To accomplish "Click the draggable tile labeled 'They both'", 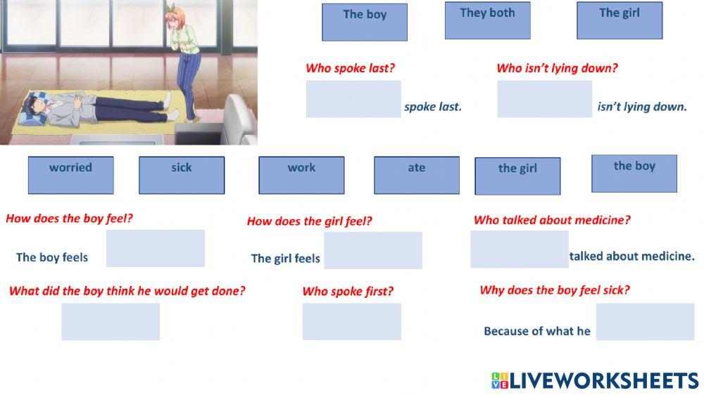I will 487,21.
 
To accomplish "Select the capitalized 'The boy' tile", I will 365,22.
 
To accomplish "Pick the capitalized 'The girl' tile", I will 620,21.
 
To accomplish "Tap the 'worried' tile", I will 70,175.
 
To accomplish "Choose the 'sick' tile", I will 182,175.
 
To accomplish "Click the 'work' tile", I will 301,175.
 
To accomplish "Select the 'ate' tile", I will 417,175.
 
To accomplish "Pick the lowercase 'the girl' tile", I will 517,176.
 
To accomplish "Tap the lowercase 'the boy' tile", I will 634,174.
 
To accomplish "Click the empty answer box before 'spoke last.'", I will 353,99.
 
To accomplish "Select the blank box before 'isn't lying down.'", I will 544,99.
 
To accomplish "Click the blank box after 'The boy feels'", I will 156,248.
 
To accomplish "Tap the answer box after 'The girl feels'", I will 373,250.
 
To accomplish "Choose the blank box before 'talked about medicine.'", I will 520,249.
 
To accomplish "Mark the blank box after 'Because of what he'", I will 645,321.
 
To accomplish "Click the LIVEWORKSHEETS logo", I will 595,381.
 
